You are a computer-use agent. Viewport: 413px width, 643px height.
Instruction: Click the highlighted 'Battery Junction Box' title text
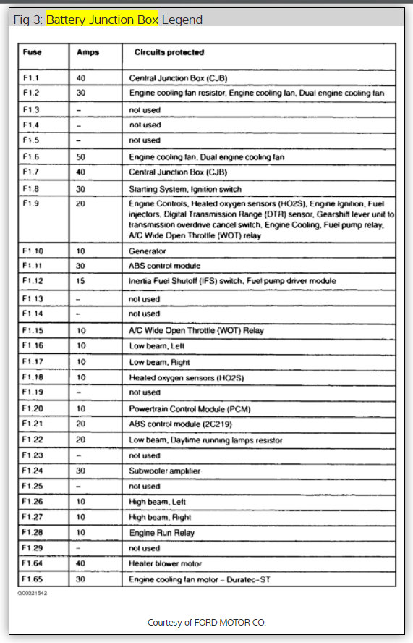pyautogui.click(x=102, y=20)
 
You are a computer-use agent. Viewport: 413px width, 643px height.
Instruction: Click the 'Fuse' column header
pyautogui.click(x=32, y=52)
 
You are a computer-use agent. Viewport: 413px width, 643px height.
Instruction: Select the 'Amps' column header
pyautogui.click(x=88, y=52)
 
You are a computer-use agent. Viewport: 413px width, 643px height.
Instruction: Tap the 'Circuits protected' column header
pyautogui.click(x=169, y=52)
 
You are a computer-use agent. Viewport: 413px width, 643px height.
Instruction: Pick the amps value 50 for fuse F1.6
pyautogui.click(x=80, y=156)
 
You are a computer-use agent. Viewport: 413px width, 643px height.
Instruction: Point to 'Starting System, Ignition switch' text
pyautogui.click(x=184, y=189)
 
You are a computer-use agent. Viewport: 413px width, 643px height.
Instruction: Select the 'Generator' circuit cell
pyautogui.click(x=147, y=251)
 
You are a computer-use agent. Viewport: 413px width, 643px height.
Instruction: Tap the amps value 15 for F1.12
pyautogui.click(x=80, y=280)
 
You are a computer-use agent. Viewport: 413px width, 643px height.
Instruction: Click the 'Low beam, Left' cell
pyautogui.click(x=156, y=346)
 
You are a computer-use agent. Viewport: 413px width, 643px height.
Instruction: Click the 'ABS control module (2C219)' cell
pyautogui.click(x=179, y=424)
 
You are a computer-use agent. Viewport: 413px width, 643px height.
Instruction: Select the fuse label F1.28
pyautogui.click(x=33, y=532)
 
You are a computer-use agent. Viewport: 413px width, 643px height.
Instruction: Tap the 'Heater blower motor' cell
pyautogui.click(x=165, y=563)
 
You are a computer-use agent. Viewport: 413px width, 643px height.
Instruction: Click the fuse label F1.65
pyautogui.click(x=33, y=579)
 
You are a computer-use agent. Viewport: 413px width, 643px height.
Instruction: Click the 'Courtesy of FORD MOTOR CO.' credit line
pyautogui.click(x=206, y=623)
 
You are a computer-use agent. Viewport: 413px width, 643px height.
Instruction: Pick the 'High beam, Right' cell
pyautogui.click(x=160, y=517)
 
